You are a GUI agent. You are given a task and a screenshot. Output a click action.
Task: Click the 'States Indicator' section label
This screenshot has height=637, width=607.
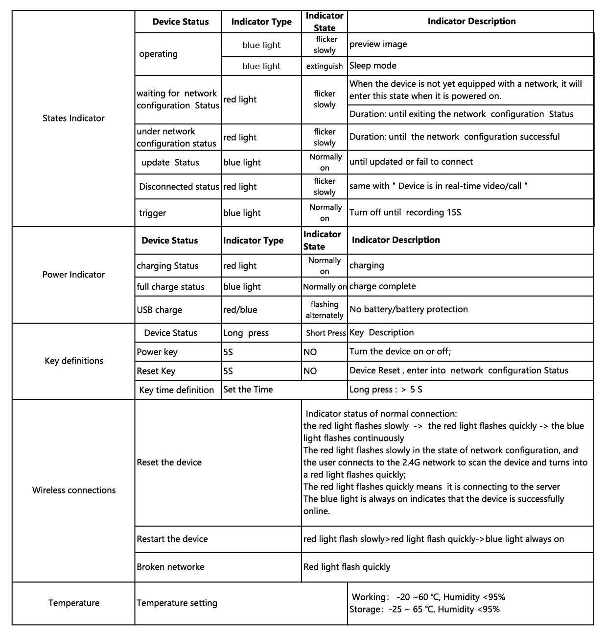[73, 118]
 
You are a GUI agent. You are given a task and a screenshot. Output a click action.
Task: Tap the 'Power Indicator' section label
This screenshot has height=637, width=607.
[73, 274]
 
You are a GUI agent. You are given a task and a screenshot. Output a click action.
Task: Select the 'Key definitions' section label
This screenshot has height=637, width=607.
[74, 361]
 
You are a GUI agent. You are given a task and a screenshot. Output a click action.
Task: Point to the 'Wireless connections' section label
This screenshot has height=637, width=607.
[74, 490]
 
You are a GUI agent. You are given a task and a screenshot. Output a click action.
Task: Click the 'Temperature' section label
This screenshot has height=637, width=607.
[74, 603]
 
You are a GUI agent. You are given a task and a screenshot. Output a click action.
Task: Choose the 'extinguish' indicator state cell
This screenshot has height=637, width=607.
[325, 66]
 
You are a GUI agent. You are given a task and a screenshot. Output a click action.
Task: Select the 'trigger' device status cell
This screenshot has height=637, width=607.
[153, 213]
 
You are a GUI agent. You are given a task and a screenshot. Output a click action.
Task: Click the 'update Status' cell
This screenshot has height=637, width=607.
[170, 162]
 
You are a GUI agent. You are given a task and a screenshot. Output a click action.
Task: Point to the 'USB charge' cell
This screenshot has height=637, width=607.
[160, 310]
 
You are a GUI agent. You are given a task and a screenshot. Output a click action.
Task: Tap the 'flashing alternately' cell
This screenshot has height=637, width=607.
[325, 310]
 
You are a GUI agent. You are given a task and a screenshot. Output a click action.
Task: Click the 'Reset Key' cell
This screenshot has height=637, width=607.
[156, 371]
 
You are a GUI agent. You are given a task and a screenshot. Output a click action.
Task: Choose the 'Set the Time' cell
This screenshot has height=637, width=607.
[248, 390]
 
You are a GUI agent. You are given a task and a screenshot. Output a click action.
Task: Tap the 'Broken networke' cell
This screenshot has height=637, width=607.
[170, 567]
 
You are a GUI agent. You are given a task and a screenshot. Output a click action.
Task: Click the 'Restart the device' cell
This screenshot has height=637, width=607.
[172, 539]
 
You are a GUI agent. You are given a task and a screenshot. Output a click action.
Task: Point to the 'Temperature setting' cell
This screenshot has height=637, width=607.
[177, 603]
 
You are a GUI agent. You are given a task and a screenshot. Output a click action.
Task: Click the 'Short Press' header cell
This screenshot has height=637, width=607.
[326, 333]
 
